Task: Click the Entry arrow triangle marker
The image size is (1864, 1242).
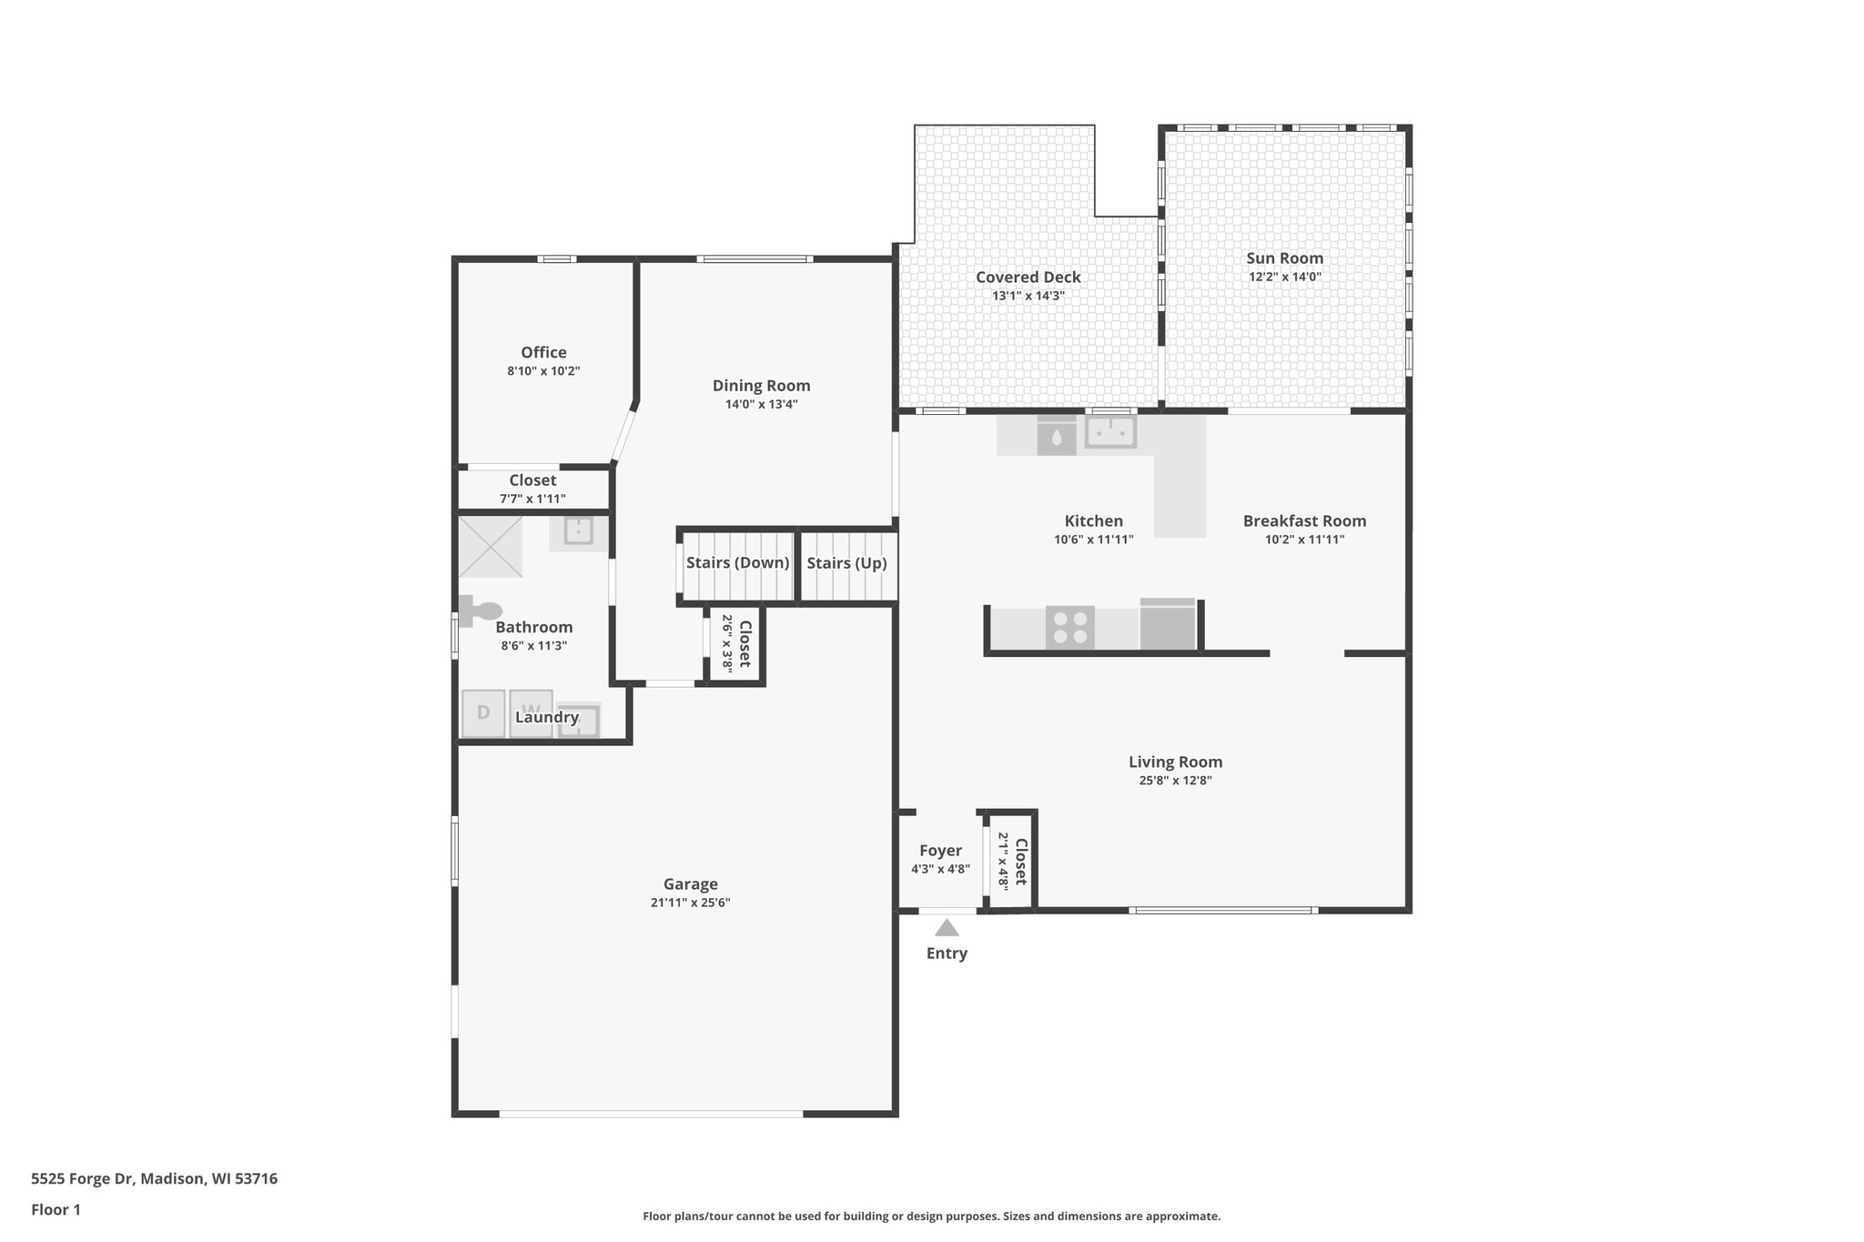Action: tap(947, 928)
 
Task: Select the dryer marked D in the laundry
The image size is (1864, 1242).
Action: tap(483, 713)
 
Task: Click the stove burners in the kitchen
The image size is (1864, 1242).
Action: tap(1069, 627)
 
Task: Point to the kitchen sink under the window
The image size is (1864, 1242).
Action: tap(1110, 432)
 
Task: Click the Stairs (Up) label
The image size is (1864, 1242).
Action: tap(846, 563)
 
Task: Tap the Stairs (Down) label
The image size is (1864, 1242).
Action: tap(737, 563)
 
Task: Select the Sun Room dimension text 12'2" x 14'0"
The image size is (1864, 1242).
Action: tap(1284, 278)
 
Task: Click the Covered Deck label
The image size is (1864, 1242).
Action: tap(1028, 278)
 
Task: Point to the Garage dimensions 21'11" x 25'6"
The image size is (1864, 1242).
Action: tap(690, 903)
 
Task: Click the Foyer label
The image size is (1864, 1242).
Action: tap(940, 851)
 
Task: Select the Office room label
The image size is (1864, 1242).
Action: tap(543, 352)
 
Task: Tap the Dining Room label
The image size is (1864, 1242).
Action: tap(761, 386)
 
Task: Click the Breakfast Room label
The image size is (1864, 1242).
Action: tap(1304, 521)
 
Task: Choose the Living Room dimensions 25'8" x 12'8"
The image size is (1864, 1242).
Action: tap(1175, 781)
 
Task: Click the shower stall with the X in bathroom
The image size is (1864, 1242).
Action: tap(491, 547)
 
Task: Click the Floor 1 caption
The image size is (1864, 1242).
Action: tap(56, 1210)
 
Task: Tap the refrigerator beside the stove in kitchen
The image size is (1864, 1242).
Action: tap(1168, 625)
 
